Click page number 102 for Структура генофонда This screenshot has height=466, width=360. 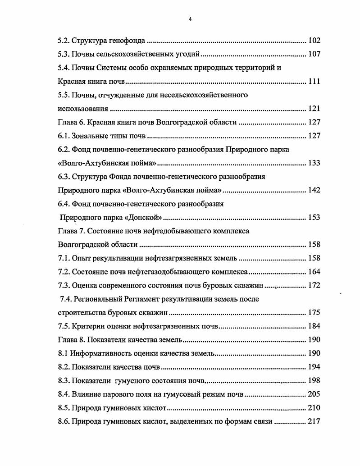[314, 41]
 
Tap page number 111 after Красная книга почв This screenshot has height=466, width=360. [314, 82]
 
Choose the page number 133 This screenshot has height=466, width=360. [314, 163]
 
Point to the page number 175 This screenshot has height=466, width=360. [314, 312]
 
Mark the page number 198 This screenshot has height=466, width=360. [314, 380]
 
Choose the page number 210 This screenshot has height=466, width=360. [314, 408]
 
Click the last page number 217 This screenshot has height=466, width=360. [314, 421]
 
